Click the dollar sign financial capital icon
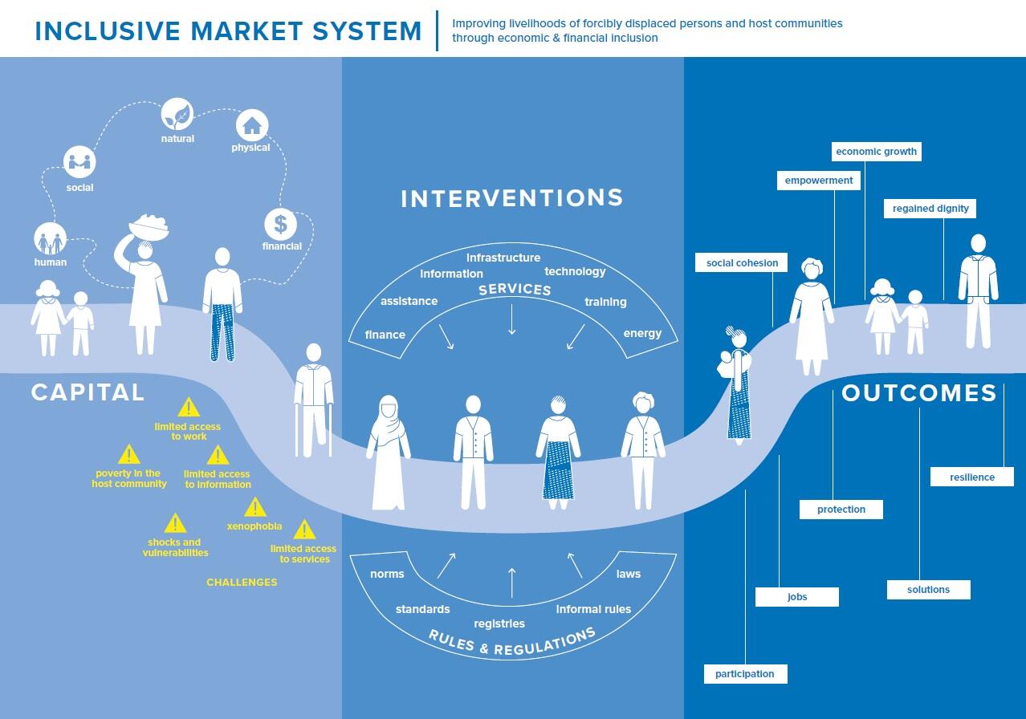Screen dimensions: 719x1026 [280, 224]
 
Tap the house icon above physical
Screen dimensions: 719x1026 [251, 125]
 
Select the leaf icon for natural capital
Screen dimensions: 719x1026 [177, 115]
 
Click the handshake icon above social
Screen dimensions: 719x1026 [79, 163]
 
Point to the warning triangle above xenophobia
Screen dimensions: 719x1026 [255, 507]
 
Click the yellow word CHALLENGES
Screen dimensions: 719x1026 [242, 582]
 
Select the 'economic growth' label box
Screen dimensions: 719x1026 [876, 151]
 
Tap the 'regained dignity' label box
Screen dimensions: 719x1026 [930, 208]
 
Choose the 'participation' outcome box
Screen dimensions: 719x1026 [745, 673]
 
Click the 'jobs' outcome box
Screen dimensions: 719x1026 [797, 596]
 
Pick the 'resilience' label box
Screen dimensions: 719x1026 [971, 477]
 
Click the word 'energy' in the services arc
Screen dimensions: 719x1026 [642, 333]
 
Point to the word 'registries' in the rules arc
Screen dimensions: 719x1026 [499, 624]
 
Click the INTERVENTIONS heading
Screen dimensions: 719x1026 [512, 198]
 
